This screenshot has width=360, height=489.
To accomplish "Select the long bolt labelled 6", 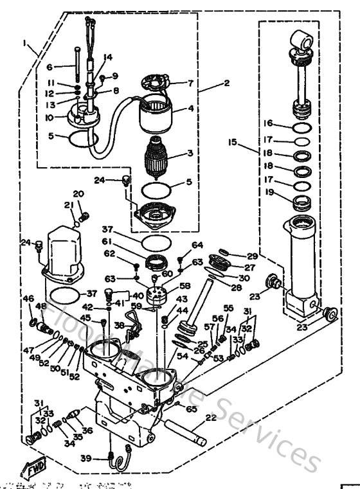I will click(x=78, y=67).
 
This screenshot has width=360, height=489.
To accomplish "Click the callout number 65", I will click(x=192, y=408).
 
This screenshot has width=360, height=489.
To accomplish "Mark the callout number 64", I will click(x=197, y=245).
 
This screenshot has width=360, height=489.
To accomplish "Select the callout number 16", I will click(x=269, y=123).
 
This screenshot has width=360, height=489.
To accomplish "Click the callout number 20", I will click(x=78, y=193).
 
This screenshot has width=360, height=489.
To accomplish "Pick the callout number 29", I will click(x=251, y=256).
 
